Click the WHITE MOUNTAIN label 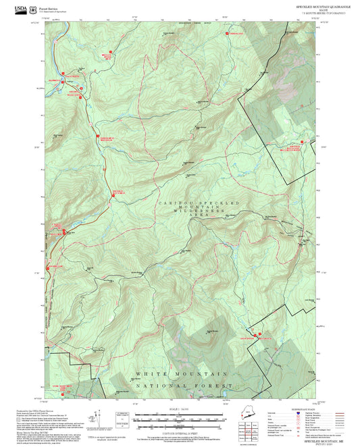pyautogui.click(x=182, y=373)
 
